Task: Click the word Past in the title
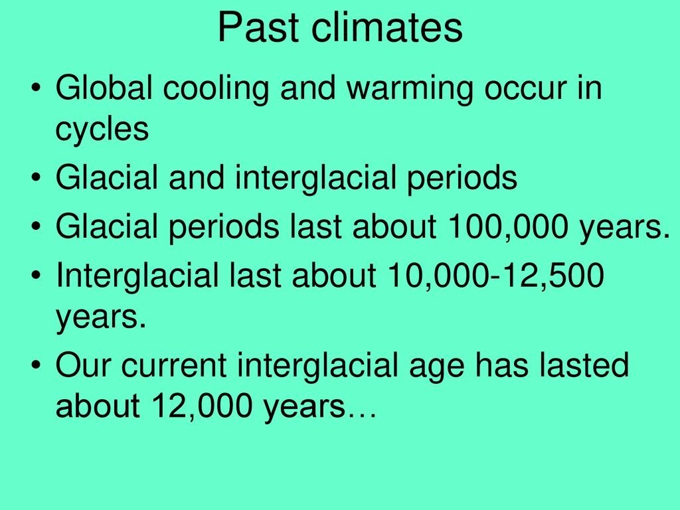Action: click(x=258, y=27)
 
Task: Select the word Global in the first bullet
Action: click(x=104, y=88)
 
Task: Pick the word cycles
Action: click(x=102, y=130)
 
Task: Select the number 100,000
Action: click(x=508, y=227)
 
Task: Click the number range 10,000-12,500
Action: click(x=495, y=276)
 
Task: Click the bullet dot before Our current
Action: click(x=37, y=365)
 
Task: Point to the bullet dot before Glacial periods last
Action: click(x=37, y=226)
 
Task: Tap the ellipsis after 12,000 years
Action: click(x=362, y=416)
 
